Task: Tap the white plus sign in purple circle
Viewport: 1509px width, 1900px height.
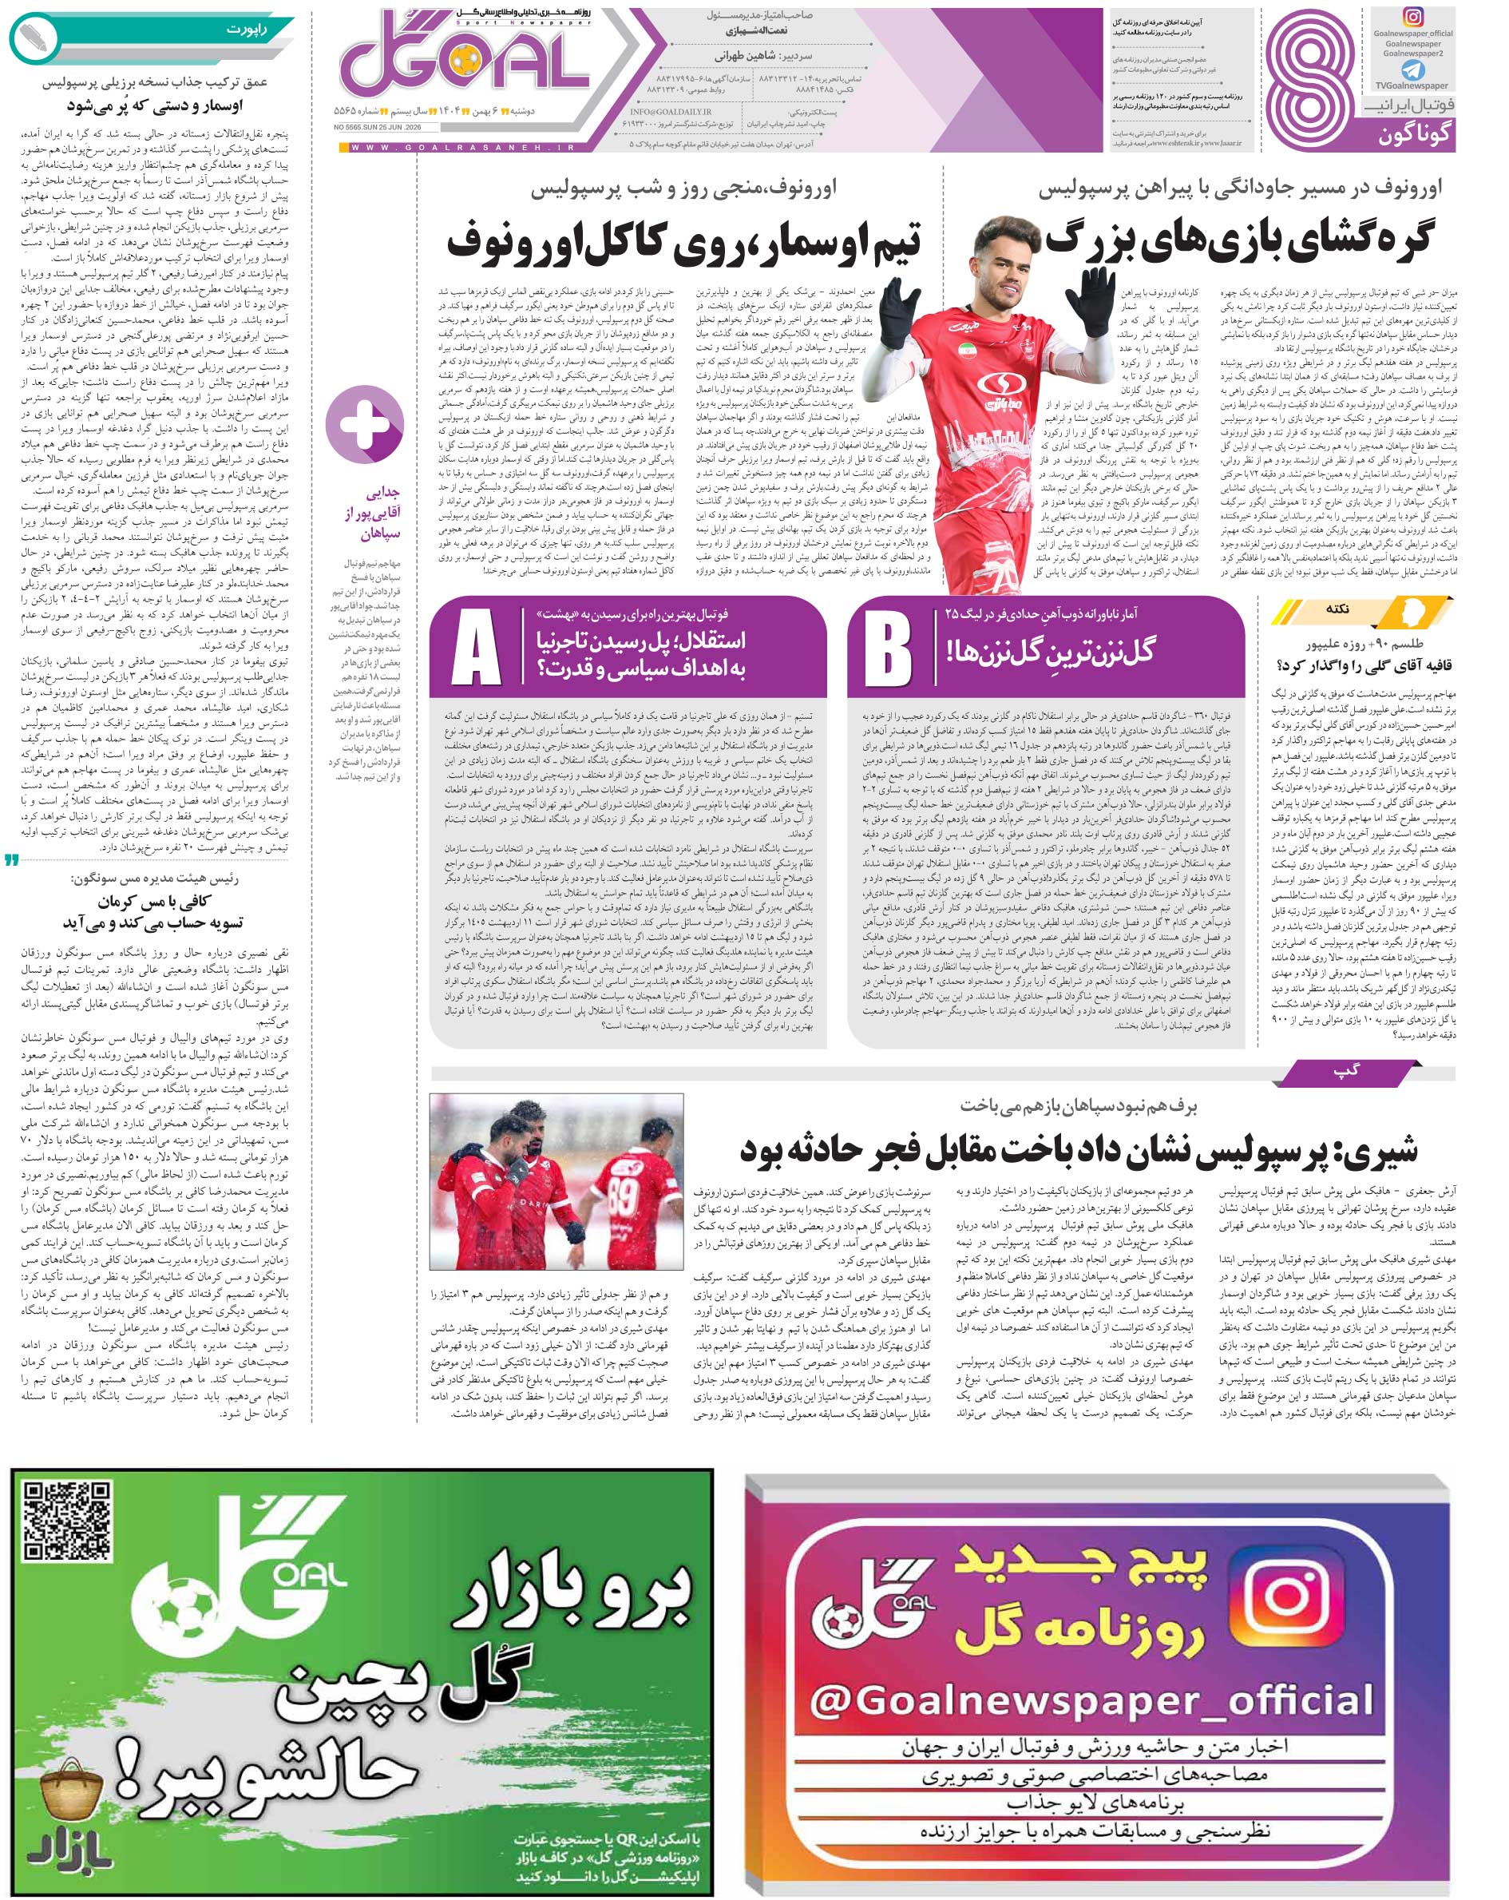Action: point(365,424)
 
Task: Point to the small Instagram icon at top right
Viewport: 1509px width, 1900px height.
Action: point(1412,18)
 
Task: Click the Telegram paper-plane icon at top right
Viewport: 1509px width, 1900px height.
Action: point(1412,69)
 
